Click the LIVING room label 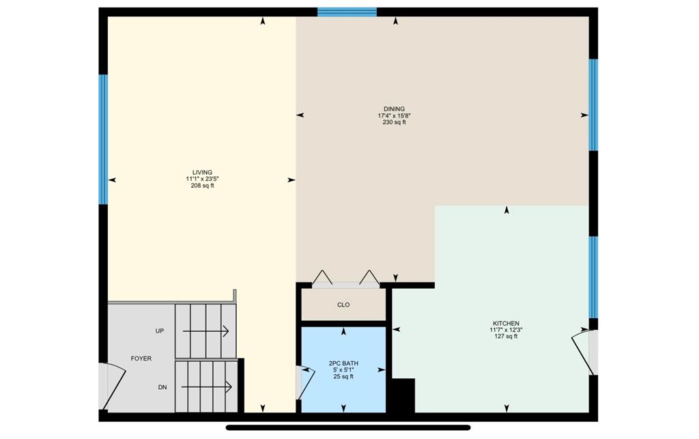pos(202,173)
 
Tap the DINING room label pos(394,109)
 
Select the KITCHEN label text pos(506,323)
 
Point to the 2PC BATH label pos(343,363)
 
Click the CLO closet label pos(343,305)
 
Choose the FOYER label pos(141,358)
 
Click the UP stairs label pos(160,330)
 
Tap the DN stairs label pos(162,387)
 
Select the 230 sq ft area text pos(394,122)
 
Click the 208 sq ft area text pos(202,186)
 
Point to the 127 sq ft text pos(506,337)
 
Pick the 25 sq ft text pos(343,377)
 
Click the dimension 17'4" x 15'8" pos(394,115)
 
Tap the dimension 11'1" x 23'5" pos(202,179)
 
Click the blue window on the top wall pos(347,12)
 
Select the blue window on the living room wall pos(103,139)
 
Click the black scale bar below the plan pos(348,428)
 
